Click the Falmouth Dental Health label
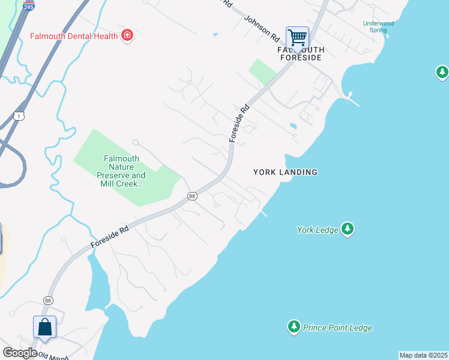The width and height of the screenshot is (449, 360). (x=74, y=36)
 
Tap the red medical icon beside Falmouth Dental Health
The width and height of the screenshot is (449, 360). (x=127, y=36)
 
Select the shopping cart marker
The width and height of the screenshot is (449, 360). (x=297, y=38)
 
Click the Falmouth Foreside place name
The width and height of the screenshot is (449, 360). (x=300, y=54)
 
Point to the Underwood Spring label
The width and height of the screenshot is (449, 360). (x=378, y=26)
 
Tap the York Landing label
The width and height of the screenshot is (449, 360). (x=285, y=172)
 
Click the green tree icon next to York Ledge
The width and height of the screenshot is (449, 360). (x=348, y=229)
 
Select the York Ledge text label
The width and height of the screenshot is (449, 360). (x=318, y=230)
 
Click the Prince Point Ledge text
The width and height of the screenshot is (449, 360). (x=337, y=328)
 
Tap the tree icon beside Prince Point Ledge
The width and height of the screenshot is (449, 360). (x=294, y=327)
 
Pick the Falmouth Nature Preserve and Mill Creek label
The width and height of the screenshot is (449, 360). (x=122, y=172)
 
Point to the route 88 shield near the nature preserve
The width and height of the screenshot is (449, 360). (x=192, y=196)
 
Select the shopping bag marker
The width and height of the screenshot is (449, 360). (x=45, y=328)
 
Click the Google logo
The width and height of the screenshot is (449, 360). (x=20, y=353)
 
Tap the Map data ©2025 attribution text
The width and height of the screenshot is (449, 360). (x=423, y=355)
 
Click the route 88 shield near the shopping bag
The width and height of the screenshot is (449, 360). (x=48, y=300)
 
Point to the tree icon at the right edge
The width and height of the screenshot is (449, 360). (x=442, y=73)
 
